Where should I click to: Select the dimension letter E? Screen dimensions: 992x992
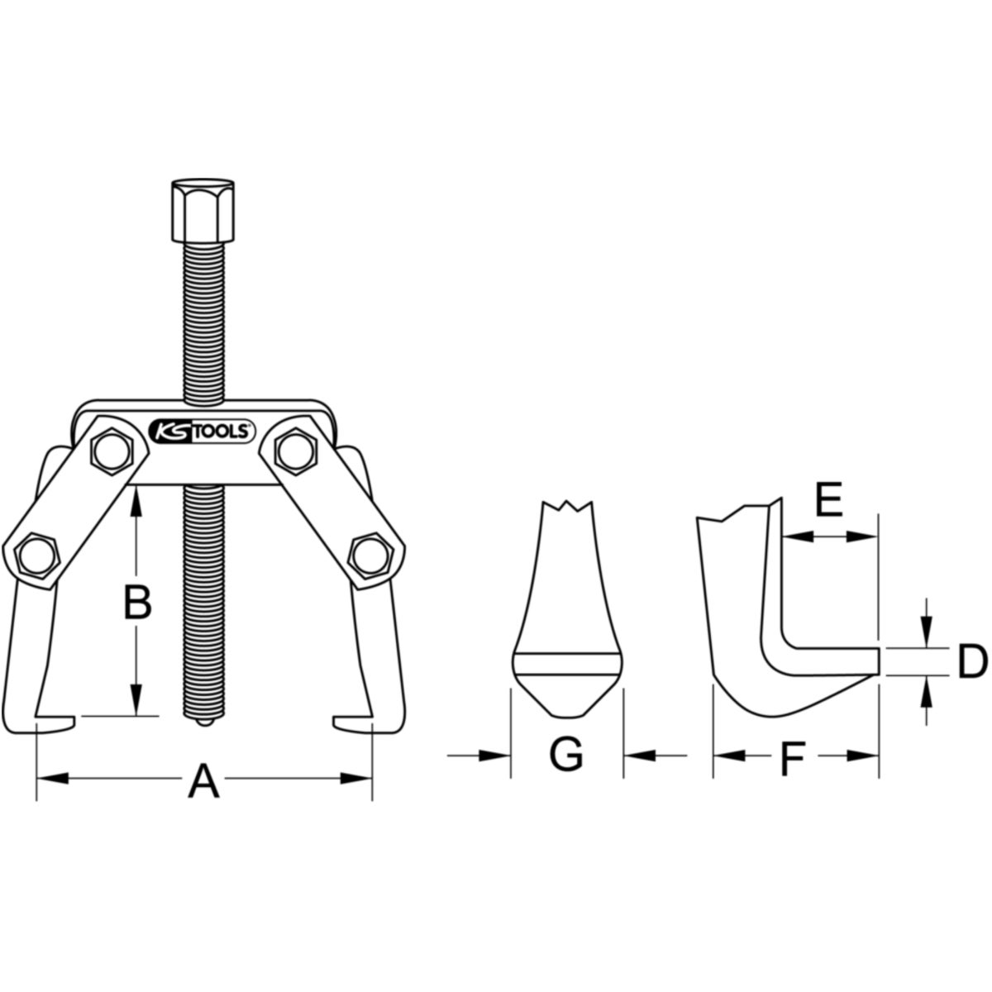click(x=829, y=498)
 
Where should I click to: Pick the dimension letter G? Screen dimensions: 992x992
click(x=566, y=755)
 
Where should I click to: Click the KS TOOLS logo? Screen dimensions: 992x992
click(x=203, y=431)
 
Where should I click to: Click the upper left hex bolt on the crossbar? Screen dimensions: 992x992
click(x=110, y=451)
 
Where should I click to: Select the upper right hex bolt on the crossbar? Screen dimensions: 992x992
click(x=295, y=451)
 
